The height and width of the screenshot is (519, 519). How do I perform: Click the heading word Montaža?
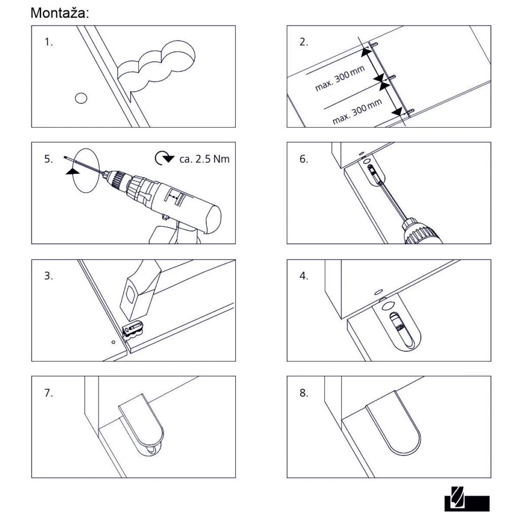point(60,13)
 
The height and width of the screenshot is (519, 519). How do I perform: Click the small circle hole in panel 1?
point(80,97)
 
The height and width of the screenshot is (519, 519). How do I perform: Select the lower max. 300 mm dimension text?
point(357,113)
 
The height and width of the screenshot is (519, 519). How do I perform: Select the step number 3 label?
point(49,277)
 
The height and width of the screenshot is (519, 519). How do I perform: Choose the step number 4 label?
point(304,277)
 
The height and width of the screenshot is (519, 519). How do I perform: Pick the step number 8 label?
point(304,393)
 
